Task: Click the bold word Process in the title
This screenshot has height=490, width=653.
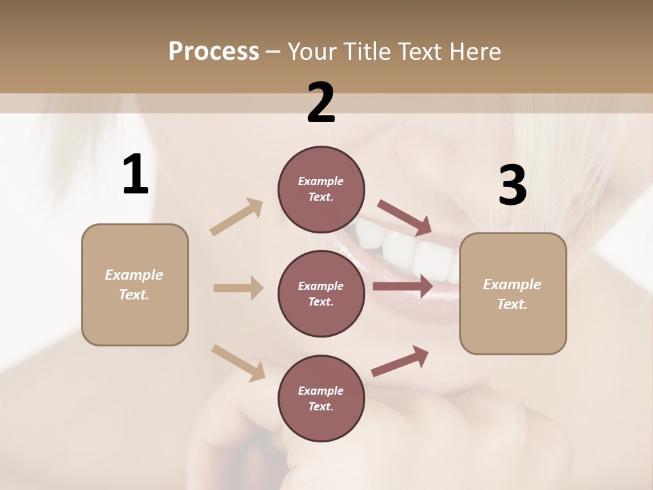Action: (x=214, y=52)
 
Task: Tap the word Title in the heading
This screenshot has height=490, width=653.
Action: (x=367, y=52)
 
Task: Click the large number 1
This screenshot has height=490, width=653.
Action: (x=135, y=175)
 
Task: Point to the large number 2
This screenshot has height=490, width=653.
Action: (x=321, y=103)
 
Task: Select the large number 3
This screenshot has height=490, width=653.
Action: (x=512, y=185)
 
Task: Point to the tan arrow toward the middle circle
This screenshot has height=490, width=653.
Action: (x=238, y=288)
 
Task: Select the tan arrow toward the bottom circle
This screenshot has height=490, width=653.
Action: (x=238, y=362)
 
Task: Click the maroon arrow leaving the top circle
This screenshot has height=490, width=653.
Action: (x=405, y=218)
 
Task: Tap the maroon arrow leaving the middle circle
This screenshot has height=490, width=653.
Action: (x=403, y=287)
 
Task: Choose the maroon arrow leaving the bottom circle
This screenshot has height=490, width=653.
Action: (x=400, y=361)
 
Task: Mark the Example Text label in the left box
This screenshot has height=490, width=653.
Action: (x=134, y=284)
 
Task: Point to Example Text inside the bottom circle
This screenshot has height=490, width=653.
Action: (x=320, y=398)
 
